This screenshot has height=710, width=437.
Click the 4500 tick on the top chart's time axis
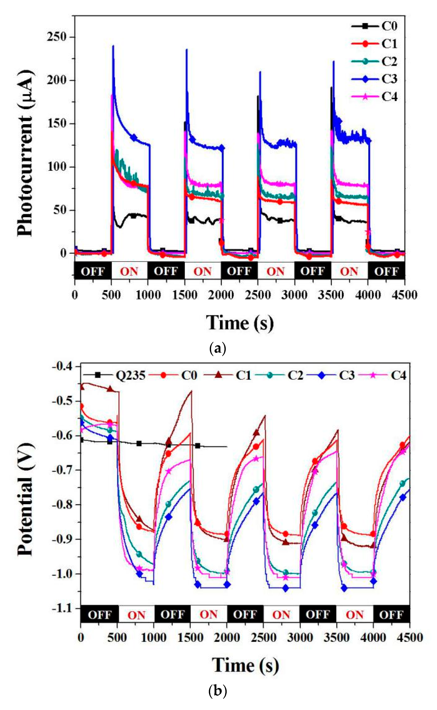[404, 295]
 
